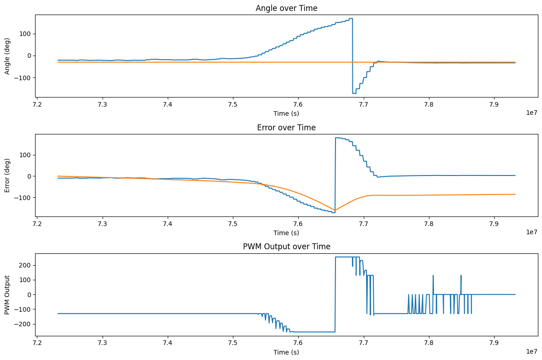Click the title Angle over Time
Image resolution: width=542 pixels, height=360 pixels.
coord(286,8)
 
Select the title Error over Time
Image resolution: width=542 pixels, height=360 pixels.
coord(286,128)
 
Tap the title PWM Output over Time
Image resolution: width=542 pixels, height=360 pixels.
coord(286,247)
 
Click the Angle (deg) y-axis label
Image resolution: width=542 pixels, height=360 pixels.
coord(8,56)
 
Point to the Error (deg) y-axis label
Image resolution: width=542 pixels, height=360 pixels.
coord(8,175)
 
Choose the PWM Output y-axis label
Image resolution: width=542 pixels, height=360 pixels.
coord(8,294)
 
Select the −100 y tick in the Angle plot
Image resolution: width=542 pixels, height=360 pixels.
coord(24,78)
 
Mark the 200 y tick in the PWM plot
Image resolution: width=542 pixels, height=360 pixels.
coord(27,265)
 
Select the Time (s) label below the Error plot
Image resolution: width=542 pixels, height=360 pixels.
coord(286,233)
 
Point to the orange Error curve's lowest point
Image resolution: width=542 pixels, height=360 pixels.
coord(335,211)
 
